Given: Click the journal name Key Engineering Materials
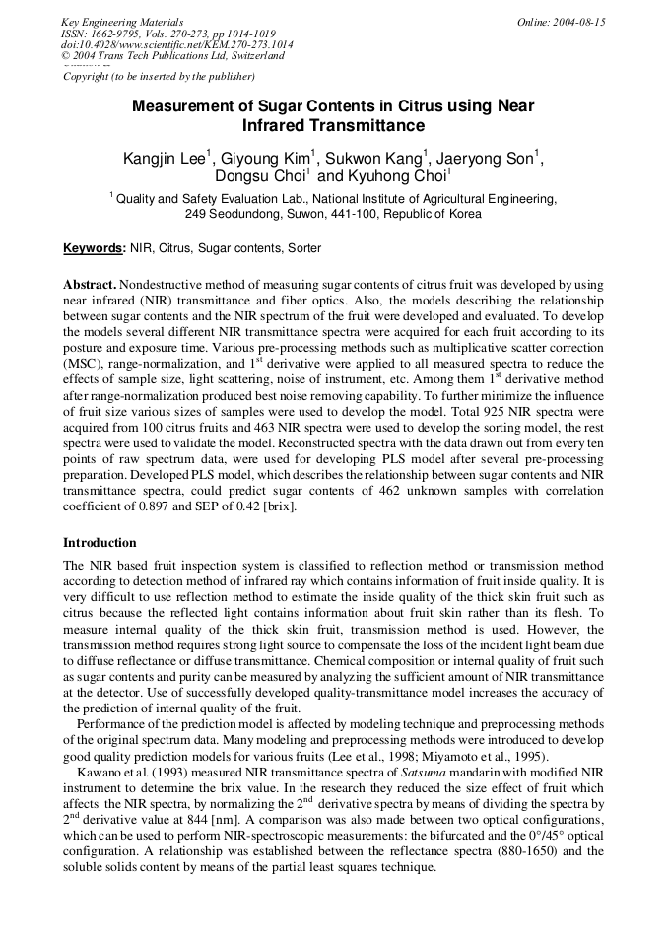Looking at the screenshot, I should pos(122,22).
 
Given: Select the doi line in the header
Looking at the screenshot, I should pos(176,44).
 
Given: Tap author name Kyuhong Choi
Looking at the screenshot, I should pos(398,177).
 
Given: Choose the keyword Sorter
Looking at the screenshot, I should pos(303,248).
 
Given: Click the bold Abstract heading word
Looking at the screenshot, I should pos(91,284).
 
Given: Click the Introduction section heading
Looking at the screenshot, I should pos(100,543).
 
